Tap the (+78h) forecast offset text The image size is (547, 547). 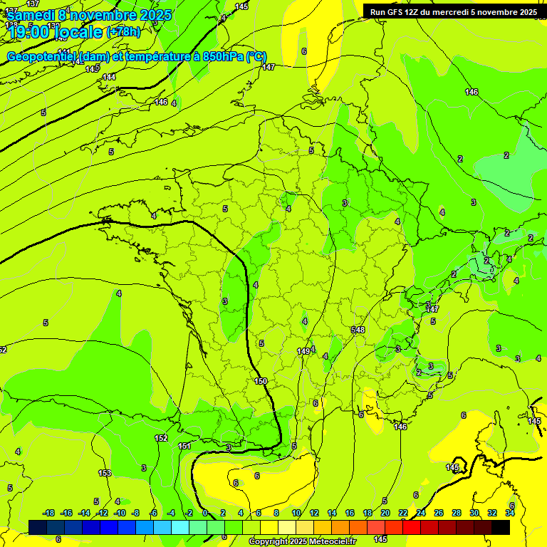pos(123,32)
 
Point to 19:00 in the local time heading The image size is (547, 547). pos(33,32)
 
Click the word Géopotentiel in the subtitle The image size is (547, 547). pos(42,57)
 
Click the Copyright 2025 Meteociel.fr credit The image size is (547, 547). pos(303,542)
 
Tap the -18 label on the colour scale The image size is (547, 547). pos(48,513)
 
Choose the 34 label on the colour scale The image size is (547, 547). pos(510,513)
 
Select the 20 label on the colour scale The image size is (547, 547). pos(385,513)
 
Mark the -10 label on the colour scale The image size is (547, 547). pos(120,513)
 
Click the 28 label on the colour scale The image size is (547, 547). pos(457,513)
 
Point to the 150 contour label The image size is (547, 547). pos(261,382)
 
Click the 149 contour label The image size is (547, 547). pos(303,351)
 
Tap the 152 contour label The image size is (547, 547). pos(161,439)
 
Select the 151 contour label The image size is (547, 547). pos(184,446)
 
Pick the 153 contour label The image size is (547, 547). pos(105,473)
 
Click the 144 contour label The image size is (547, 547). pos(109,77)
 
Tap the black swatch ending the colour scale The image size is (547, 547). pos(501,528)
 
